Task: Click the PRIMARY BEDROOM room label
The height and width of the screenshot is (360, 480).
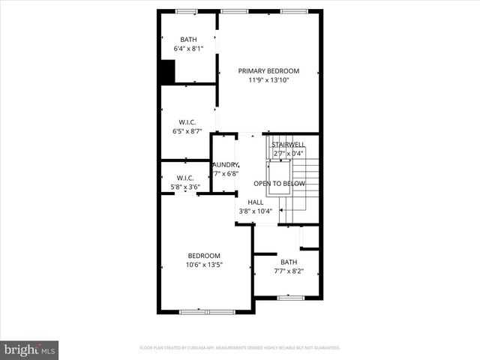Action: (268, 70)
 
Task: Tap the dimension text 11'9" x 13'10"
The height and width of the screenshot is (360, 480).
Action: (268, 79)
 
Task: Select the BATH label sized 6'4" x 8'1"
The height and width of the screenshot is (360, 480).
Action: (187, 40)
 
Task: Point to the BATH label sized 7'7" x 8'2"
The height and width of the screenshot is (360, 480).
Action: (289, 262)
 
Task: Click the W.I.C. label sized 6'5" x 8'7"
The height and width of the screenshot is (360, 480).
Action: (187, 121)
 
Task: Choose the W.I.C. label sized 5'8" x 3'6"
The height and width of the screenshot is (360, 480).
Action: (185, 178)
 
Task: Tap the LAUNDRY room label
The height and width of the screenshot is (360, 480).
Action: (225, 165)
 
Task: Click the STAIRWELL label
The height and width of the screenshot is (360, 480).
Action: (288, 144)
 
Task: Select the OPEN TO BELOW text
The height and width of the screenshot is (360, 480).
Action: (279, 184)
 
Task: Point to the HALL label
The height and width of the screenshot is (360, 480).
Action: (255, 202)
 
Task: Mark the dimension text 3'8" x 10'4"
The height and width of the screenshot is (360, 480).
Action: (255, 211)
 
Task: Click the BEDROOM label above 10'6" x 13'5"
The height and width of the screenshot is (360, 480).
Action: (203, 256)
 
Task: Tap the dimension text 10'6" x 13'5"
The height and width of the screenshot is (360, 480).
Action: (203, 265)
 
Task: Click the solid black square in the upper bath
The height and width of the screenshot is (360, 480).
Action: (166, 72)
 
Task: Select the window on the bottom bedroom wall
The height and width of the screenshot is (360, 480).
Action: (207, 311)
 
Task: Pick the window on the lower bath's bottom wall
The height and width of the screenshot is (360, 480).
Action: (289, 298)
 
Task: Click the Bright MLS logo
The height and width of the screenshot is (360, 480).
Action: (30, 349)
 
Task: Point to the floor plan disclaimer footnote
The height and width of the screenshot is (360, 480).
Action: (240, 348)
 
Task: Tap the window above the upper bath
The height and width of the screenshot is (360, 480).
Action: (186, 11)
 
